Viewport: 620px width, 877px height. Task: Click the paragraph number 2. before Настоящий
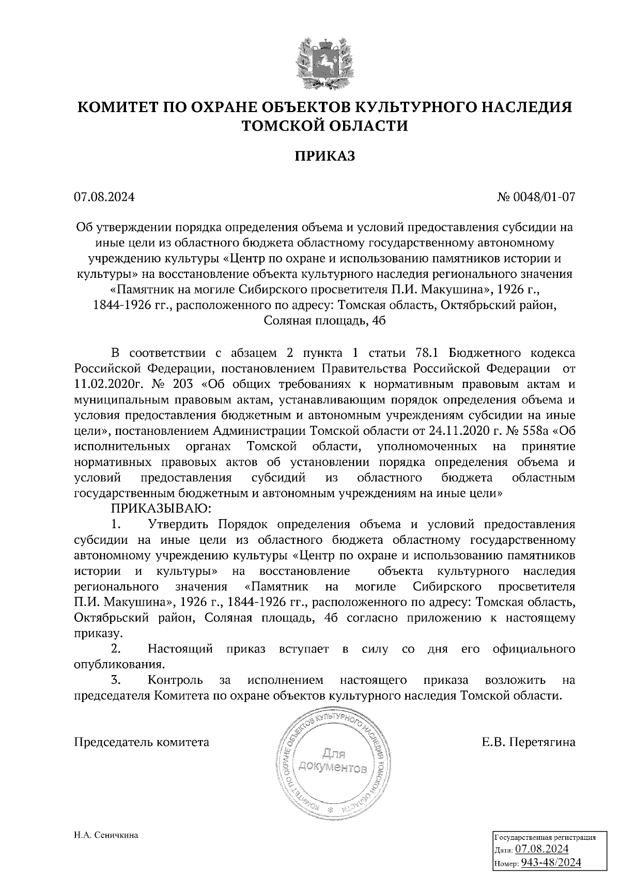[116, 648]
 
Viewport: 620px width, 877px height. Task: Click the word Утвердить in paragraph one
[178, 524]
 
